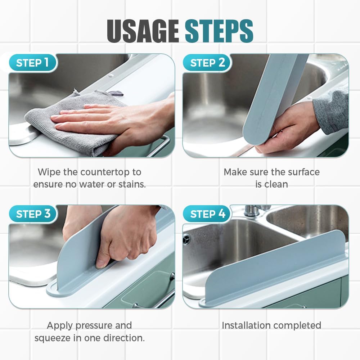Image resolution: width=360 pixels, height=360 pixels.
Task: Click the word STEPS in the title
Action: tap(219, 31)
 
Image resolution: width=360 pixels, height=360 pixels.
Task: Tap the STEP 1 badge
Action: tap(33, 63)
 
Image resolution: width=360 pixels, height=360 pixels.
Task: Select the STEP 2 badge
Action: tap(208, 63)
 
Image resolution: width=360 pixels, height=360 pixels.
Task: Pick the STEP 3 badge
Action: tap(33, 214)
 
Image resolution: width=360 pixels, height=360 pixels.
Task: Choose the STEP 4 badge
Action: tap(208, 214)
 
